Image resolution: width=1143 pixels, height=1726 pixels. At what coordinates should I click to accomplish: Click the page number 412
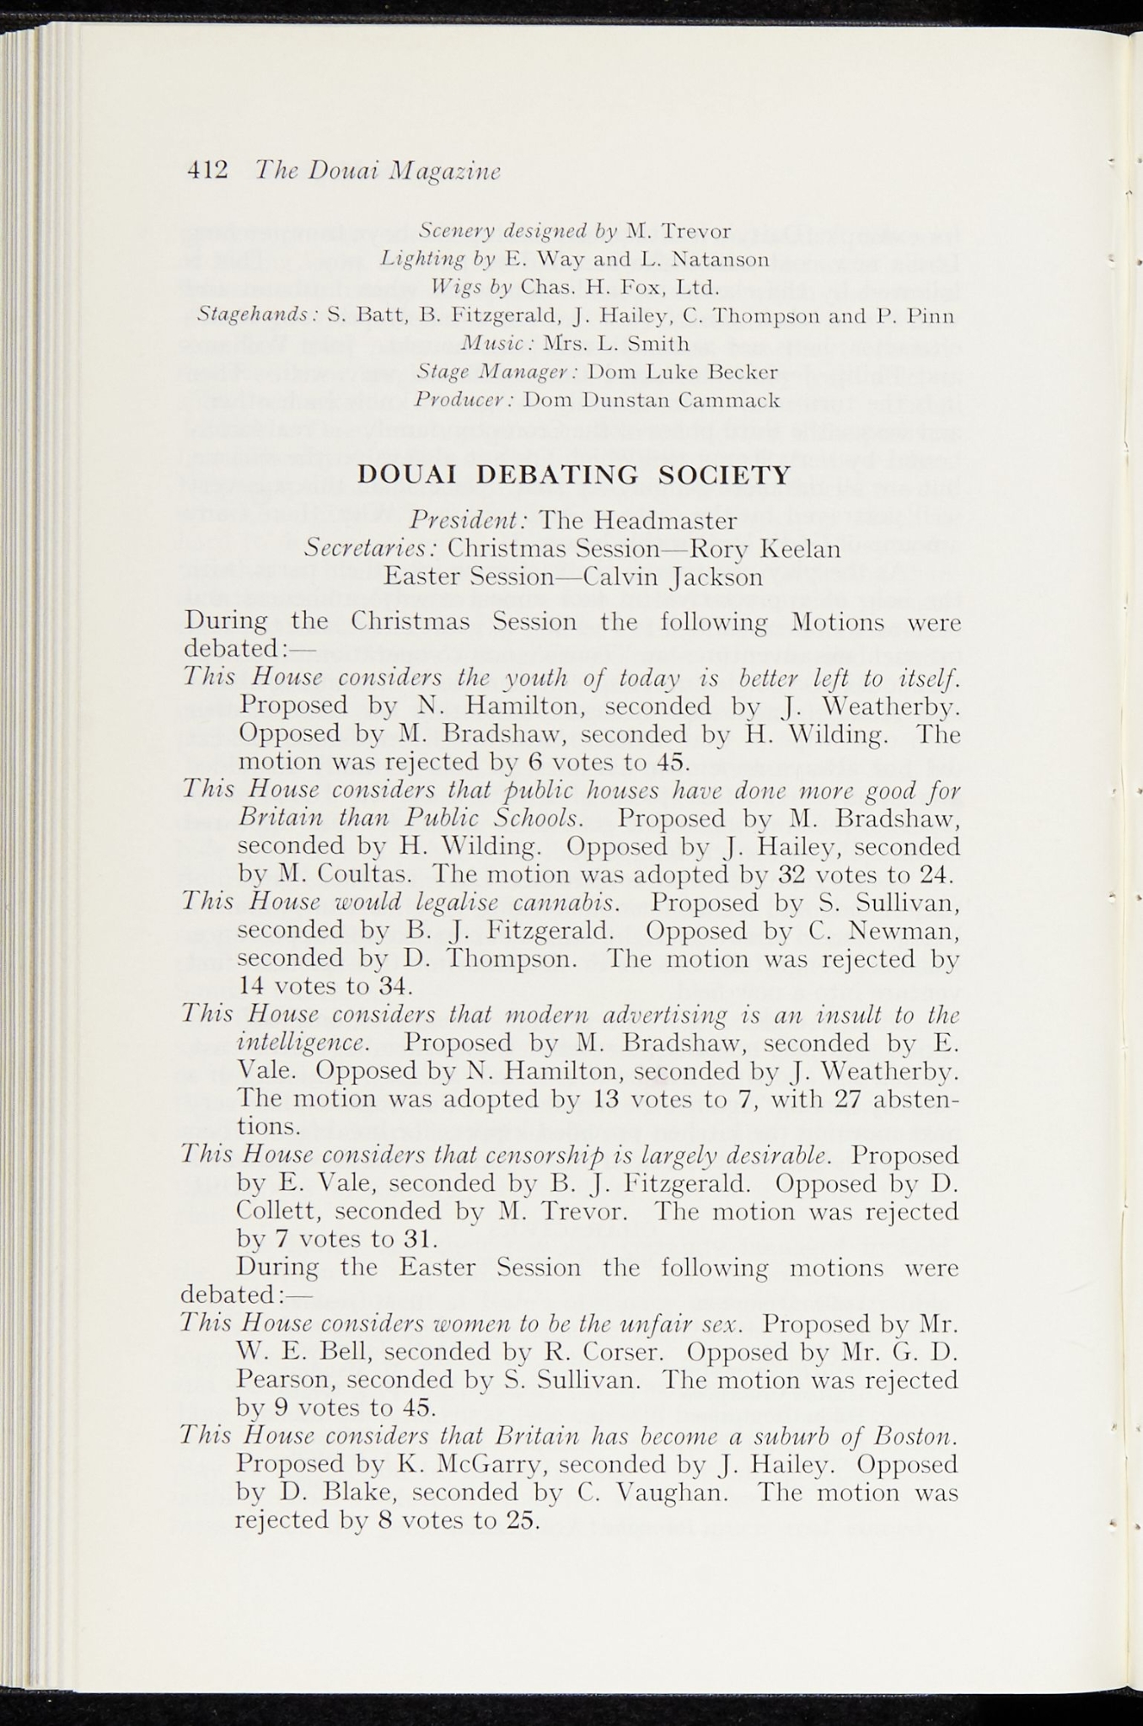click(x=207, y=169)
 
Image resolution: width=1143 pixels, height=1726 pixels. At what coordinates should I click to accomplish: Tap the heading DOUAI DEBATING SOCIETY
click(x=574, y=474)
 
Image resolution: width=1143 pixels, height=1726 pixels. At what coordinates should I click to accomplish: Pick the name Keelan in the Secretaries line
click(x=800, y=549)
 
